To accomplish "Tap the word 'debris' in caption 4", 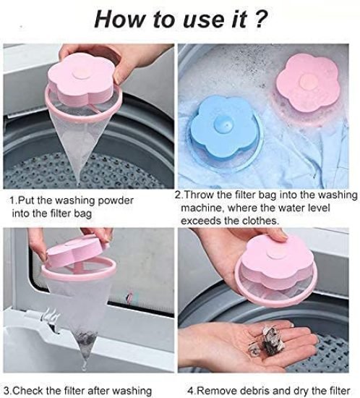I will tap(257, 391).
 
